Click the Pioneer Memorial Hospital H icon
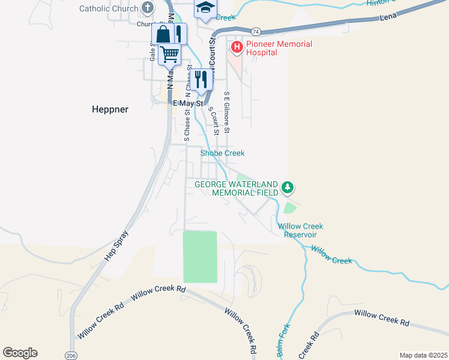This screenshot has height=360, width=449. pos(237,46)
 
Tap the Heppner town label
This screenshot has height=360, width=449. pos(110,109)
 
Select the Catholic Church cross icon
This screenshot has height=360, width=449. pos(148,8)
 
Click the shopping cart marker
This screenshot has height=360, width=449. pos(170,54)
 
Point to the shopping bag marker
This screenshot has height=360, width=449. pos(163,34)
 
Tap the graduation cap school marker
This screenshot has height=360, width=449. pos(205,8)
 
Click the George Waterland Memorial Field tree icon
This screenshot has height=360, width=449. pos(288,188)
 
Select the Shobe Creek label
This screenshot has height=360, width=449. pos(222,154)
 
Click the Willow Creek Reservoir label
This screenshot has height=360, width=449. pos(300,230)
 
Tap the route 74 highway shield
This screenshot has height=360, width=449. pos(256,31)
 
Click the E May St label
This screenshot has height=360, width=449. pos(188,103)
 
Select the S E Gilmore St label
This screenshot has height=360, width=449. pos(227,112)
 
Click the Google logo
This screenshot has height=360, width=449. pos(20,353)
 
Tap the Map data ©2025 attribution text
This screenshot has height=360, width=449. pos(423,355)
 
